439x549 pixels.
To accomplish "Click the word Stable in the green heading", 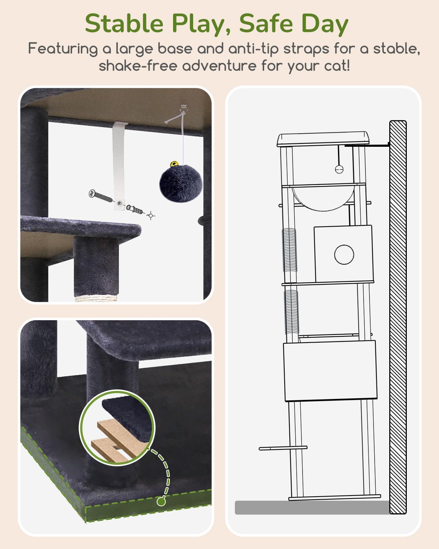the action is coord(124,23).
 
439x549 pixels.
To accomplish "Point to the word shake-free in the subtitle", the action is coord(138,66).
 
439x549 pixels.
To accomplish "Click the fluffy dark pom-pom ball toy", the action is coord(181,183).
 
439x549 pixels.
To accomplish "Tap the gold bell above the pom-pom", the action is coord(175,164).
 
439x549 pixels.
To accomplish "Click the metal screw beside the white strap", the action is coord(101,196).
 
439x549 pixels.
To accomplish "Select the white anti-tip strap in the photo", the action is coord(120,166).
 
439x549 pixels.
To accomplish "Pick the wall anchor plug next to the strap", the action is coord(134,209).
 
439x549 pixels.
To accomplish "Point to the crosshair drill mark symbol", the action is coord(151,216).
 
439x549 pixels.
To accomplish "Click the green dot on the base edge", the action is coord(161,501).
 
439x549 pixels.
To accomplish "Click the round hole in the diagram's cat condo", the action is coord(344,254).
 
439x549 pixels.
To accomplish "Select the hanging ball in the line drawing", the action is coord(339,169).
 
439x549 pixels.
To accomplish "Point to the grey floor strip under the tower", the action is coord(312,508).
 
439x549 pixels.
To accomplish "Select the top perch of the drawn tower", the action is coord(323,139).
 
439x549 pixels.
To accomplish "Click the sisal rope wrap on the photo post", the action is coord(96,297).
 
